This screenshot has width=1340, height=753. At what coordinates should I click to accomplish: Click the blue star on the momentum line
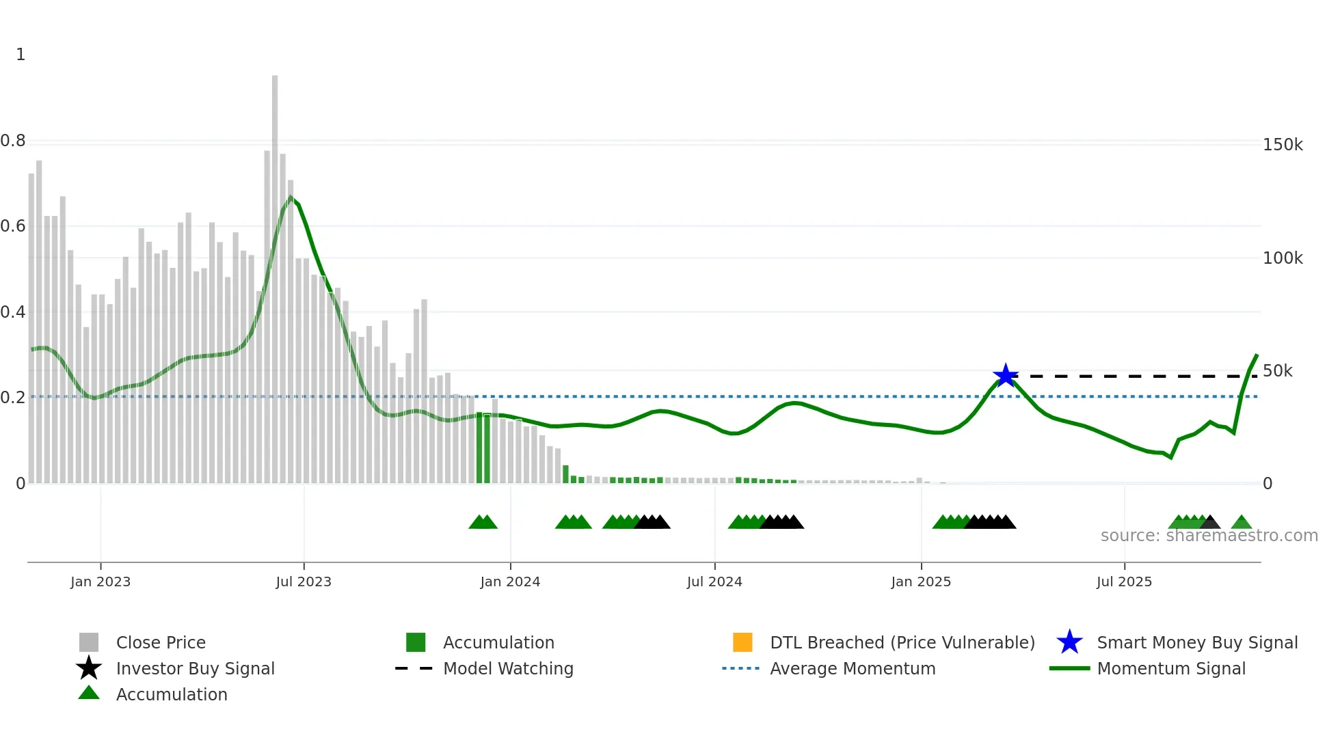(1006, 375)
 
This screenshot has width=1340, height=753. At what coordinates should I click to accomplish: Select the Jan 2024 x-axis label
(510, 581)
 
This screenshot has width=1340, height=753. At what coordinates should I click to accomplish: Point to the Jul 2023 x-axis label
(304, 581)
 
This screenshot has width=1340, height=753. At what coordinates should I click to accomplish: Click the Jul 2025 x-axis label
(1124, 581)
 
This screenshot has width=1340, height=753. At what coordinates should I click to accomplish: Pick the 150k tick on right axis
(1283, 145)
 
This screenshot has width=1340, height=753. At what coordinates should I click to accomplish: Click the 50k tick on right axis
(1277, 371)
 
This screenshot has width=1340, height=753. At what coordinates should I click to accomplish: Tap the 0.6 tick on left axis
(13, 226)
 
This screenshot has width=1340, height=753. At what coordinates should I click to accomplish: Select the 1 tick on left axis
(21, 55)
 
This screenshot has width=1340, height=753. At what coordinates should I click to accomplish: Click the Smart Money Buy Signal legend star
(1069, 642)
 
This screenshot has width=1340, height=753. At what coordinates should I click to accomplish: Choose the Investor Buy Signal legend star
(89, 668)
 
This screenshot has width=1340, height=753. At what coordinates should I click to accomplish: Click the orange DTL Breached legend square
(742, 642)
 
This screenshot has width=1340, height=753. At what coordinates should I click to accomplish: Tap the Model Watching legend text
(508, 668)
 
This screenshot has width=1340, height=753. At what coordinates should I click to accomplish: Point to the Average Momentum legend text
(853, 668)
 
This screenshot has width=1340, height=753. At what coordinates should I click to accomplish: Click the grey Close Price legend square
(89, 642)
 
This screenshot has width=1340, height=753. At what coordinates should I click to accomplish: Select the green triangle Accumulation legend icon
(89, 694)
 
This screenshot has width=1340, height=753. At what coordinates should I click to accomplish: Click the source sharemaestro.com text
(1209, 536)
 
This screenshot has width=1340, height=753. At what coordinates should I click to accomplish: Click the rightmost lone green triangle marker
(1242, 523)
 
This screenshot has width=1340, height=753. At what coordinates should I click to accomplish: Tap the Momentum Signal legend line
(1069, 668)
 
